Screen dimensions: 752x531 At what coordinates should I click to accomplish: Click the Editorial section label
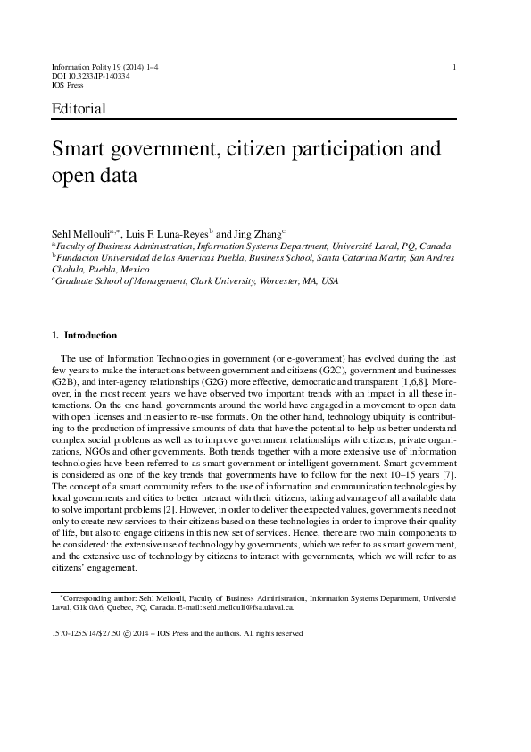pos(79,109)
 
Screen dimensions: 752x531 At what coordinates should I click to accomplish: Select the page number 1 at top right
pos(455,67)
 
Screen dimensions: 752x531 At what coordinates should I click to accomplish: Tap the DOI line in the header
pos(92,77)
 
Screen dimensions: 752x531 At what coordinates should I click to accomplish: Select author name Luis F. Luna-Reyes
pos(167,232)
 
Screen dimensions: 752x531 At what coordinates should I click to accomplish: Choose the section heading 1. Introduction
pos(85,336)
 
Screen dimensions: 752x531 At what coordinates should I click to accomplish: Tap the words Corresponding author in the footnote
pos(95,595)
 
